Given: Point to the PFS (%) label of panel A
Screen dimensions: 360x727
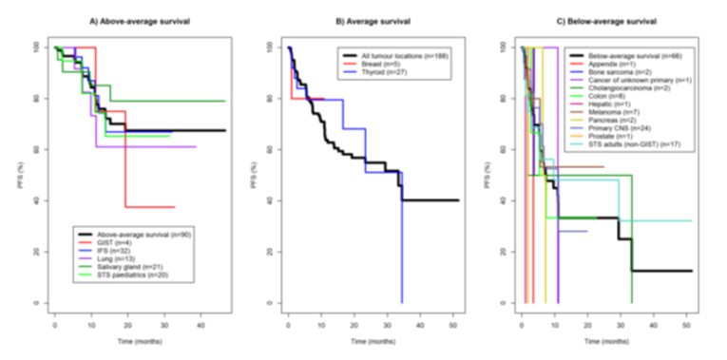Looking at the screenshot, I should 29,174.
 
